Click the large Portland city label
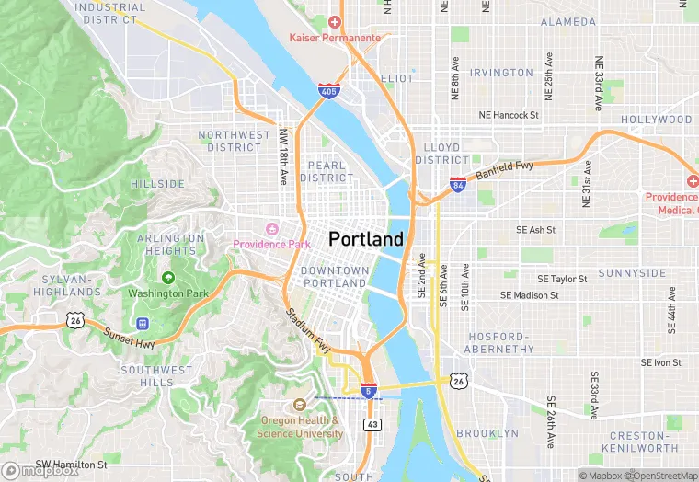(x=365, y=239)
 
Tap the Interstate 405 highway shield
(x=328, y=90)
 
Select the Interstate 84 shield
(x=458, y=185)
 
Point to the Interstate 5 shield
(x=368, y=391)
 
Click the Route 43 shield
(x=372, y=424)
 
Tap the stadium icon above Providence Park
(x=271, y=228)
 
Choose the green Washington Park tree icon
(x=168, y=278)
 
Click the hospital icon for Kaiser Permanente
(x=334, y=21)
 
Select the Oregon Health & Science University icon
(x=299, y=405)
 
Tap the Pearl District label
(x=327, y=172)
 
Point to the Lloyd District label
(x=441, y=154)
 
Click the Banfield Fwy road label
(x=504, y=168)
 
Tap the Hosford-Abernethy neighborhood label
(x=498, y=343)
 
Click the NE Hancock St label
(x=508, y=115)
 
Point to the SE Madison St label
(x=529, y=295)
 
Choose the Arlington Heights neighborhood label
(x=171, y=245)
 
